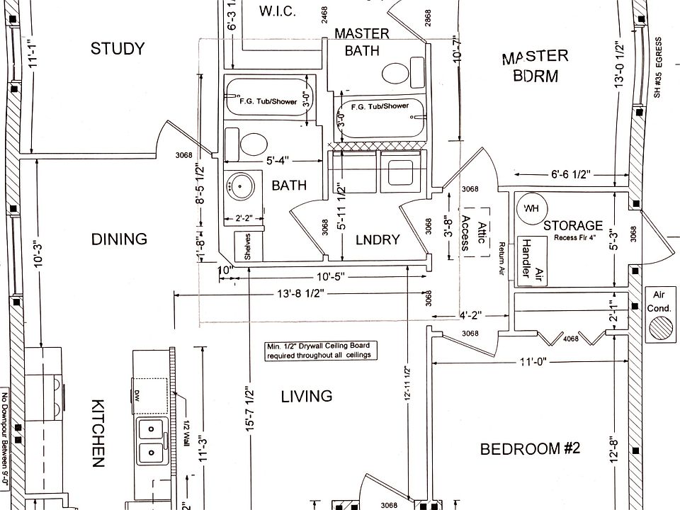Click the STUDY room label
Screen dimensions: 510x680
tap(118, 49)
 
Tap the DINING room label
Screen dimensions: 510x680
tap(119, 239)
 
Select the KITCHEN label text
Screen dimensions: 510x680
tap(98, 432)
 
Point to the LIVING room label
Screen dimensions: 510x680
tap(307, 396)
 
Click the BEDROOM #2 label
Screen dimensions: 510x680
tap(530, 449)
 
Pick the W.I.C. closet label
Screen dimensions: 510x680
tap(277, 11)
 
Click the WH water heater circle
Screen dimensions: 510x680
tap(531, 208)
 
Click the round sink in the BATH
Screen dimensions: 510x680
tap(240, 187)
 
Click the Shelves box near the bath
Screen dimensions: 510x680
tap(249, 246)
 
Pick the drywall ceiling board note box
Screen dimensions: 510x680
tap(318, 351)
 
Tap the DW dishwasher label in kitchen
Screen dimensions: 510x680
tap(138, 393)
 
